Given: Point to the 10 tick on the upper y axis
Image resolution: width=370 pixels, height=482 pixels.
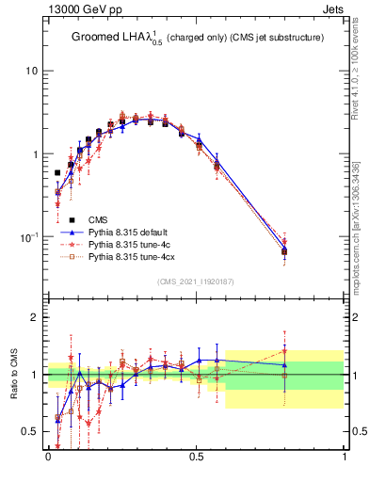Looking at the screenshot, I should tap(31, 72).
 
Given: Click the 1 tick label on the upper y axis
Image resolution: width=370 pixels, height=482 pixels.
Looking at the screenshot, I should tap(34, 154).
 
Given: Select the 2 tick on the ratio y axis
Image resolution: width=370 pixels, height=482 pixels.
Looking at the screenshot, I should tap(34, 317).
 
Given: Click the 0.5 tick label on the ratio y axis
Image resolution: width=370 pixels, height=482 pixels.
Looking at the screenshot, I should tap(29, 432).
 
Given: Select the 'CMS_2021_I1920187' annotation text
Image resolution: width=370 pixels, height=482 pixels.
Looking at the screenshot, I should tap(195, 281).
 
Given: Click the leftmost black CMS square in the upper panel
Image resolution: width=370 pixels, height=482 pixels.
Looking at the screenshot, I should tap(58, 173).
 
